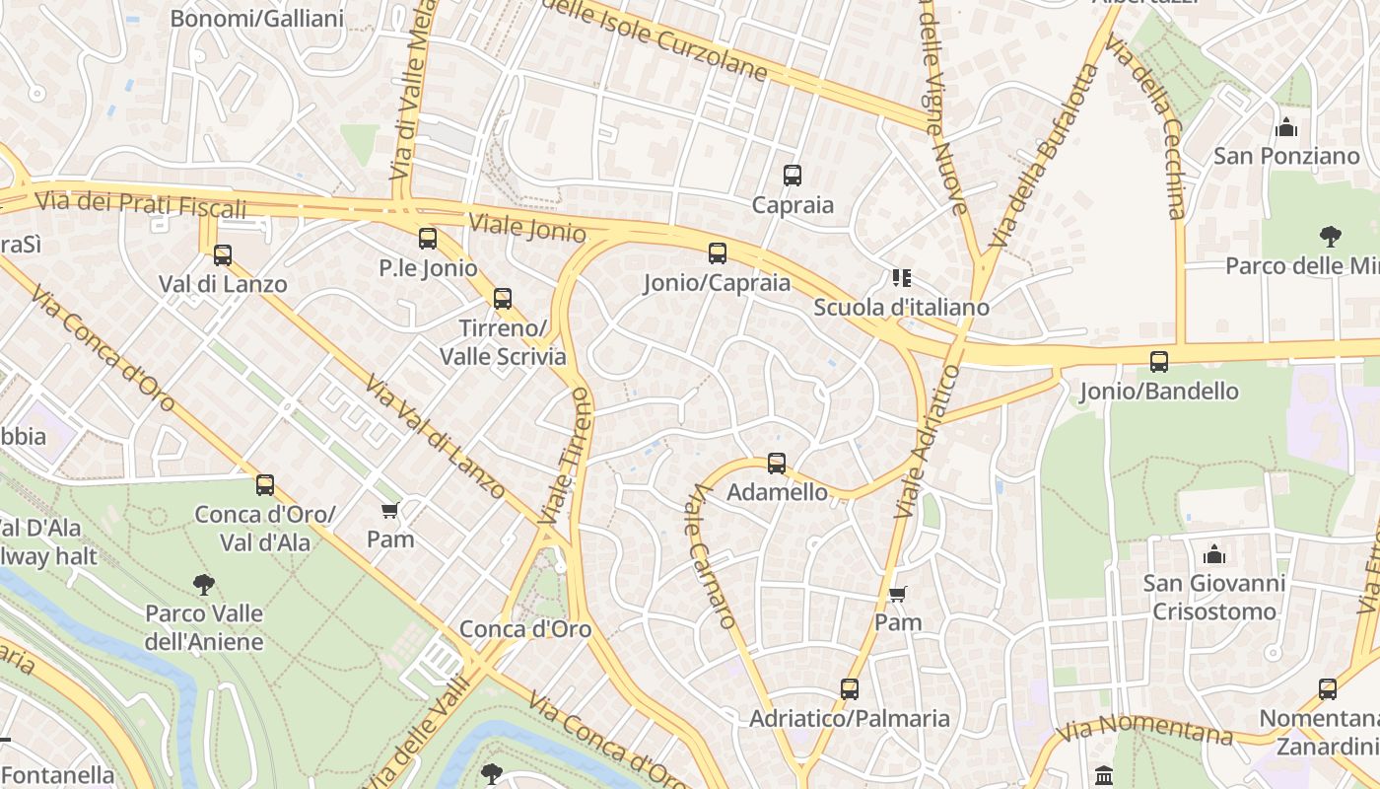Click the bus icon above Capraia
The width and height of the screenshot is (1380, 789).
[x=793, y=176]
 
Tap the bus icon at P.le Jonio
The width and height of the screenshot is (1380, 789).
[x=427, y=238]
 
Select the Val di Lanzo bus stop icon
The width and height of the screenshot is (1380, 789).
[x=223, y=255]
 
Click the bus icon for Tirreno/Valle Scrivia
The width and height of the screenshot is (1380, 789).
[x=503, y=298]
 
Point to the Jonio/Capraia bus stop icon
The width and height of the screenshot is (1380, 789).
[x=718, y=253]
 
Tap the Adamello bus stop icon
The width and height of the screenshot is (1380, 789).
[x=777, y=463]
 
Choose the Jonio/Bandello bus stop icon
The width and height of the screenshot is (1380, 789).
[x=1159, y=362]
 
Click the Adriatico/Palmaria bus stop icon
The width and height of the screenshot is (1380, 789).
[x=850, y=689]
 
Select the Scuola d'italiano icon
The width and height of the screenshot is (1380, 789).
[x=901, y=278]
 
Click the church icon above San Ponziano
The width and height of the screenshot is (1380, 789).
[x=1285, y=127]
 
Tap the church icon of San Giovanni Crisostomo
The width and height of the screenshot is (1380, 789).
[x=1214, y=554]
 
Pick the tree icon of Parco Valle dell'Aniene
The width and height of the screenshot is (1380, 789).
[x=204, y=584]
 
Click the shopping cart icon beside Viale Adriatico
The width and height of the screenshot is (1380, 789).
[x=897, y=594]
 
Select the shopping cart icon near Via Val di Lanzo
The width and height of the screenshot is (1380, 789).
[x=389, y=510]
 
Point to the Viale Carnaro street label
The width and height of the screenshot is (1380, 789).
[x=712, y=556]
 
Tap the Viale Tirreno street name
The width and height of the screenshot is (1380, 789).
[x=566, y=456]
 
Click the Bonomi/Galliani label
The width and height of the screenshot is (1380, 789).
[x=257, y=19]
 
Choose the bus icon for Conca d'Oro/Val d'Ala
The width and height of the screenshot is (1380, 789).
[x=265, y=484]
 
